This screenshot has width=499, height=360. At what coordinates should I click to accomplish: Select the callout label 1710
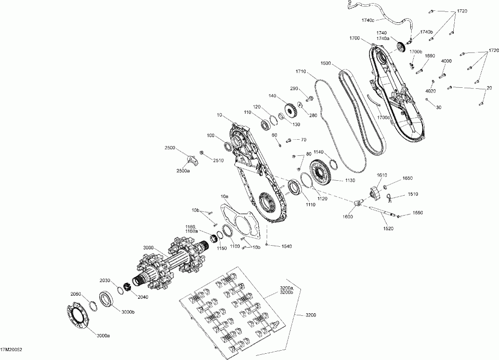pyautogui.click(x=300, y=72)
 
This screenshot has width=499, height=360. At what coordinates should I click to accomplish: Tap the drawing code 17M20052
pyautogui.click(x=11, y=350)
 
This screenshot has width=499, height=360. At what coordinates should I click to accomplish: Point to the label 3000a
pyautogui.click(x=104, y=336)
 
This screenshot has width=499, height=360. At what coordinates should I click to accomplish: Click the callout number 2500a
pyautogui.click(x=183, y=171)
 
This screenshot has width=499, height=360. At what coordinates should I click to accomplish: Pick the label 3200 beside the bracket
pyautogui.click(x=311, y=315)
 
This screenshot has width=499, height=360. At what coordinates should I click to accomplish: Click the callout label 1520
pyautogui.click(x=389, y=229)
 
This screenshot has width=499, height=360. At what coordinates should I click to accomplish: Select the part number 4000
pyautogui.click(x=446, y=61)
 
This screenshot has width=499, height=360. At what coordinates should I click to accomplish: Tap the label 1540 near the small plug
pyautogui.click(x=286, y=246)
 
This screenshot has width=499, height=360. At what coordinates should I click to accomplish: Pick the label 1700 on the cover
pyautogui.click(x=354, y=38)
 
